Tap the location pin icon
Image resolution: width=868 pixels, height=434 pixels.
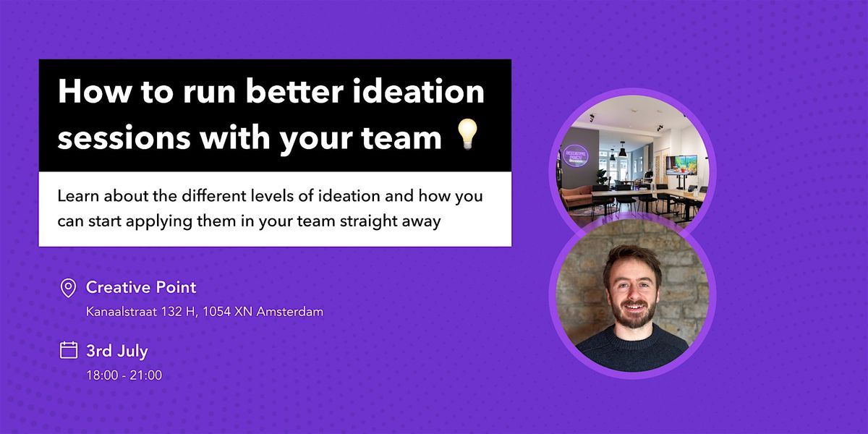pyautogui.click(x=68, y=289)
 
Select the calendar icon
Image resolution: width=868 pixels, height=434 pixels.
pyautogui.click(x=68, y=351)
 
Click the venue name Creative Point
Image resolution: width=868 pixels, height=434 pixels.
pyautogui.click(x=141, y=287)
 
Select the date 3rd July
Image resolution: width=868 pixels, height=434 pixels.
pyautogui.click(x=116, y=351)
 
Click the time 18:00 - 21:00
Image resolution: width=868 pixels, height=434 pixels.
pyautogui.click(x=124, y=375)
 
